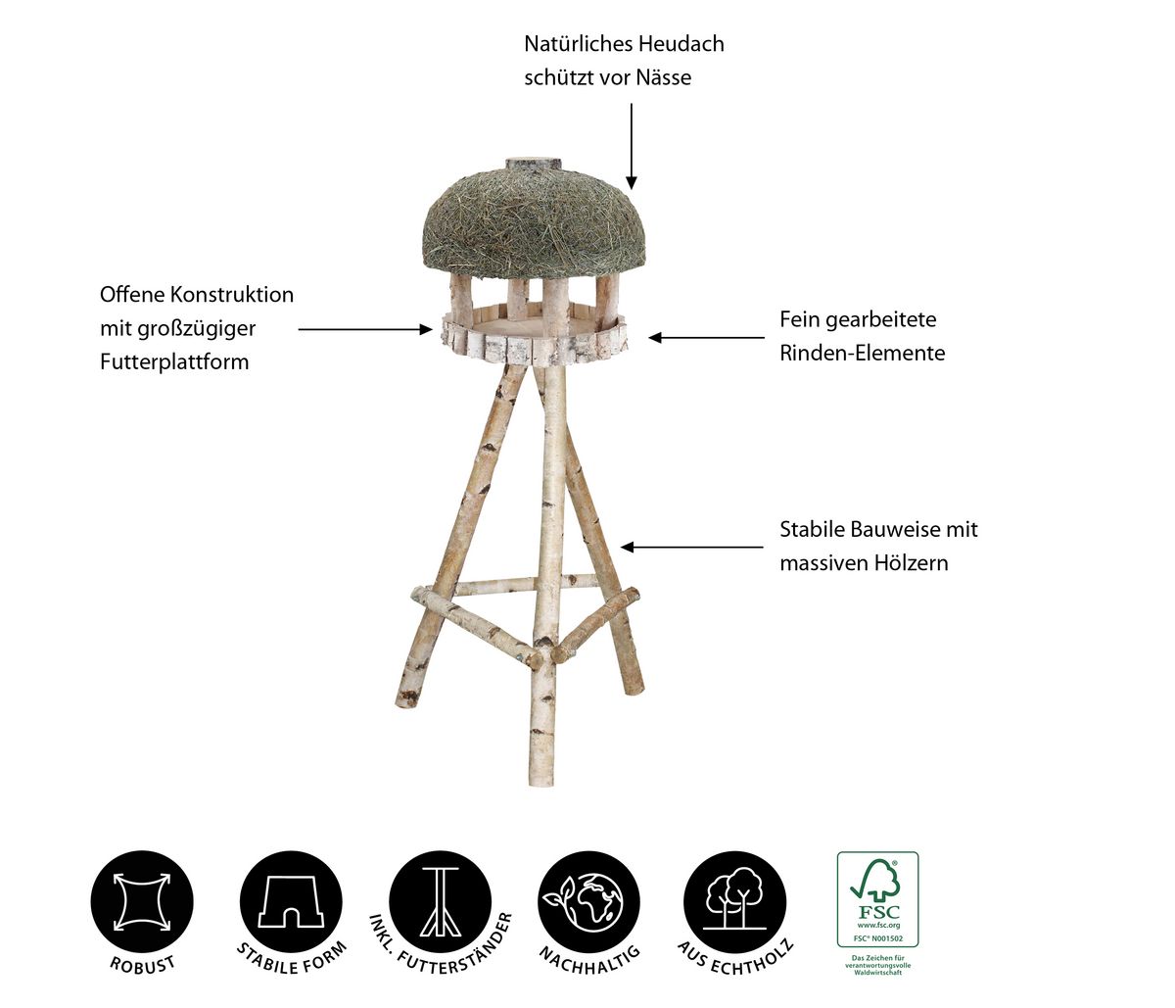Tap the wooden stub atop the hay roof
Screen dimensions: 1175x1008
tap(536, 163)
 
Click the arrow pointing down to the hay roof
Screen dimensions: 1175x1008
tap(631, 146)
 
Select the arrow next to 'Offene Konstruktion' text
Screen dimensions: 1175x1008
tap(365, 329)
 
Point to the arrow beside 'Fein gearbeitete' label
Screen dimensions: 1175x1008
tap(706, 337)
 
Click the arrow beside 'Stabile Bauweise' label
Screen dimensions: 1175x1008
tap(692, 548)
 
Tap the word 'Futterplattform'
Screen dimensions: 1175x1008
tap(174, 361)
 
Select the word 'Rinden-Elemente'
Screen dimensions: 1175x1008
tap(863, 354)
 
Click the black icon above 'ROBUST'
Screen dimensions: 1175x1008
tap(142, 902)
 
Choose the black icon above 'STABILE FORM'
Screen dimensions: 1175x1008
tap(291, 902)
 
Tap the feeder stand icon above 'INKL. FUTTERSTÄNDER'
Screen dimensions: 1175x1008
tap(441, 902)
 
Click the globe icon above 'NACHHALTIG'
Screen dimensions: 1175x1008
tap(588, 902)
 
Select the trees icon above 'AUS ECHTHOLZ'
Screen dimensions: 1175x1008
tap(735, 902)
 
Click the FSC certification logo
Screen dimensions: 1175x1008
tap(878, 900)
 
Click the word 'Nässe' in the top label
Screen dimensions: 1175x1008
tap(664, 77)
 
